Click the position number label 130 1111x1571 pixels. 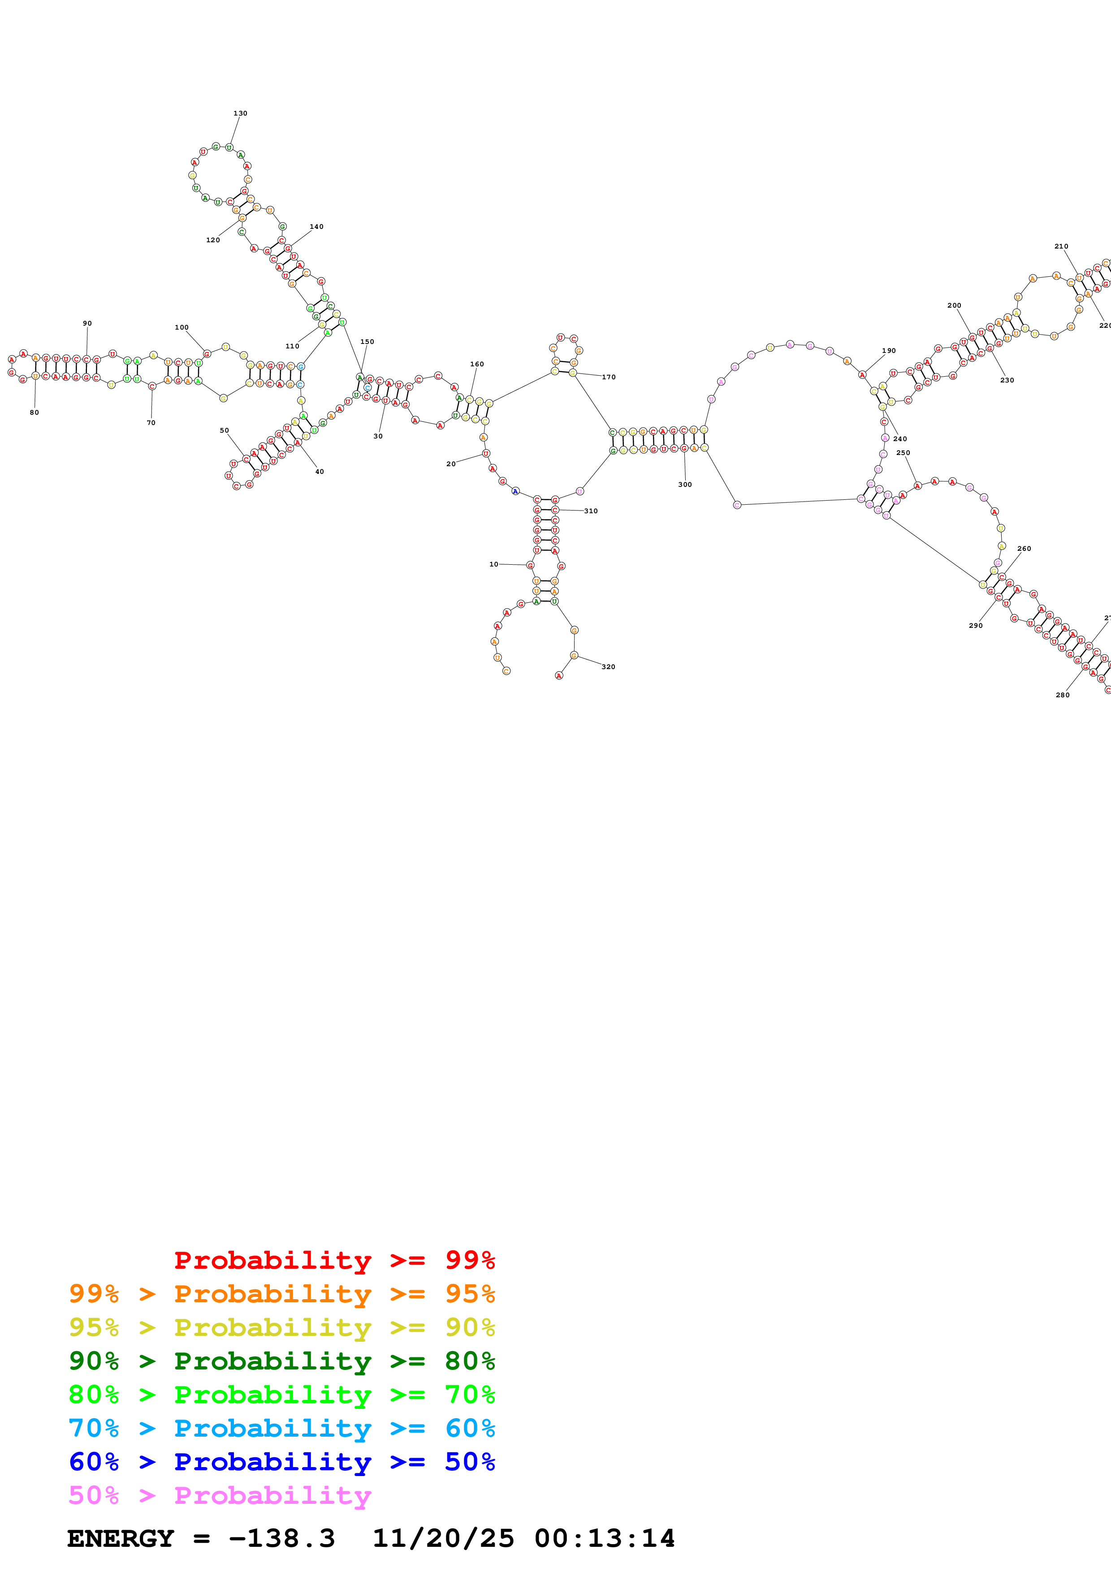tap(240, 114)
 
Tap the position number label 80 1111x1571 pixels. tap(34, 412)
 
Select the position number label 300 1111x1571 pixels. tap(684, 485)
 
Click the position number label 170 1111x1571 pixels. tap(609, 377)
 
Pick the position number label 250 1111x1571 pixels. tap(903, 453)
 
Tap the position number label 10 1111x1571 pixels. tap(493, 564)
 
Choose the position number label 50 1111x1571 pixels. tap(224, 430)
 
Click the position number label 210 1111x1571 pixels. tap(1061, 246)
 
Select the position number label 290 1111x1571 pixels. tap(976, 625)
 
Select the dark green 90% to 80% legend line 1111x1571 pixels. tap(281, 1361)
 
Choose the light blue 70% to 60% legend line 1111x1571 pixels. tap(281, 1428)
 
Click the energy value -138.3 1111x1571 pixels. tap(281, 1539)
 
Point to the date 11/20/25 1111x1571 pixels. tap(443, 1539)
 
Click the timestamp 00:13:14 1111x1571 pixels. tap(605, 1539)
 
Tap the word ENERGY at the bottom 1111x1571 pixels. tap(121, 1539)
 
